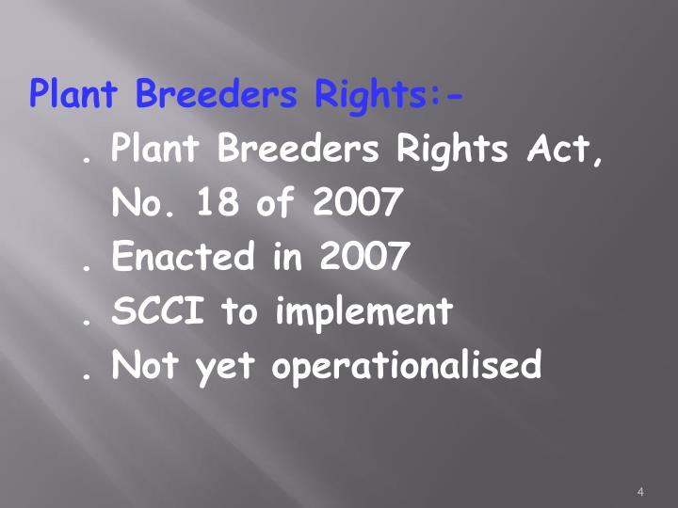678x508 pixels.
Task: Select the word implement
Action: [x=363, y=311]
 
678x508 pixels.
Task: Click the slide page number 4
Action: [x=640, y=492]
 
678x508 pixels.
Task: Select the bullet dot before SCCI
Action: [x=87, y=322]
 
